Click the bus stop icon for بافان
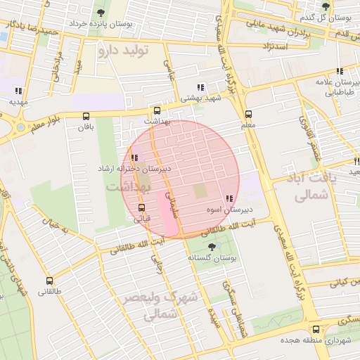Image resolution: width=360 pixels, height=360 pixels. tap(86, 117)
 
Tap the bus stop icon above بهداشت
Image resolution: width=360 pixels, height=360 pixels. tap(156, 110)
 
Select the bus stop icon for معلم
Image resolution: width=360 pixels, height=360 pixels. tap(247, 115)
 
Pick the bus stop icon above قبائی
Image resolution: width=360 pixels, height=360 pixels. tap(142, 207)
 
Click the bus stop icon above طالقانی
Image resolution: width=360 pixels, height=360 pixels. tap(49, 281)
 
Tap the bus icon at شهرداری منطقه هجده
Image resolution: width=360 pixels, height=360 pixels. tap(315, 329)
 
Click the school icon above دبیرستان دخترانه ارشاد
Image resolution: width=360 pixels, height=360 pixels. tap(134, 158)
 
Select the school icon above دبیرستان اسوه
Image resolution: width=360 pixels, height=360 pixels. tap(229, 199)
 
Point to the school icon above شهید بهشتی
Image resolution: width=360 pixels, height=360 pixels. tap(201, 87)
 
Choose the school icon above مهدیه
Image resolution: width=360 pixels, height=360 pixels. tap(18, 91)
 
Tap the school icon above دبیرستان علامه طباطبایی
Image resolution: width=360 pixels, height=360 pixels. tap(340, 71)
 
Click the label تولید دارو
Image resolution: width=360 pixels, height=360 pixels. tap(125, 50)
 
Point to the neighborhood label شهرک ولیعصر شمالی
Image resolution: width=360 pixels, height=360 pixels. tap(166, 307)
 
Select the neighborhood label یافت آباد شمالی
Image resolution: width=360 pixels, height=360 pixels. tap(309, 187)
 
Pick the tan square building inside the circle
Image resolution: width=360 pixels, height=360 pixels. tap(201, 191)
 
